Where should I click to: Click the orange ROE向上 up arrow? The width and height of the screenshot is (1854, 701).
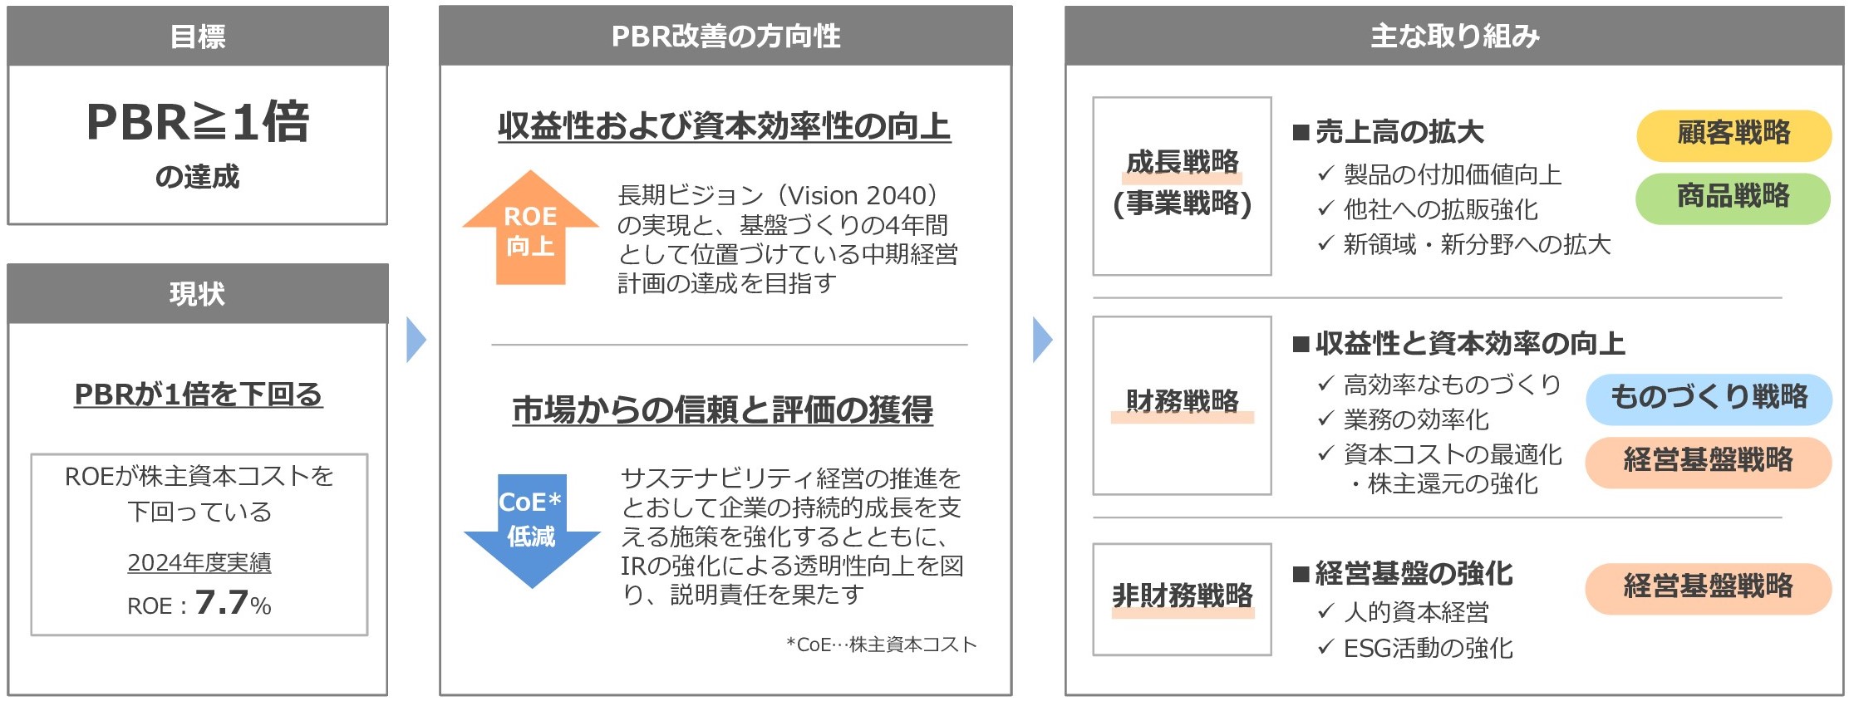530,229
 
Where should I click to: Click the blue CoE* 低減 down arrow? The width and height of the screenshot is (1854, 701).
532,530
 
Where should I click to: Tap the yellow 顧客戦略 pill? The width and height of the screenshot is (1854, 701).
1734,134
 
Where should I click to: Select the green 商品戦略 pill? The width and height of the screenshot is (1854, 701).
1733,198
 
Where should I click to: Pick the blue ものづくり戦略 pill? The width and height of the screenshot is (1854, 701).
1709,398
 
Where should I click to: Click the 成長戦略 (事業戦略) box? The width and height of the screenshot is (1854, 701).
1182,186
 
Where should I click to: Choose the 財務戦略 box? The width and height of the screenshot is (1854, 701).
1182,405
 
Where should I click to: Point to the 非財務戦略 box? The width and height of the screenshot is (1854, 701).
1182,599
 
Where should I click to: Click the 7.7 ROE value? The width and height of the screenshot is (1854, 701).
221,602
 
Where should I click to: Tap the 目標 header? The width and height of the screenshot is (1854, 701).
198,37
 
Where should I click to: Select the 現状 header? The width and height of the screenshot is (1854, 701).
198,294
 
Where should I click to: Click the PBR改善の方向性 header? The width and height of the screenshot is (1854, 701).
725,37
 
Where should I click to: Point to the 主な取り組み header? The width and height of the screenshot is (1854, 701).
1454,37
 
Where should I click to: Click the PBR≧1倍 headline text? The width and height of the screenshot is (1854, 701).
198,122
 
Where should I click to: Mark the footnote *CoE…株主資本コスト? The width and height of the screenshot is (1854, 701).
881,645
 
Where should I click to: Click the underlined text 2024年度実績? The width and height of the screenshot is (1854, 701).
199,563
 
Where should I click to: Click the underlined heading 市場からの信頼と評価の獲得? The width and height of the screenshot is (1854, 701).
723,410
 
